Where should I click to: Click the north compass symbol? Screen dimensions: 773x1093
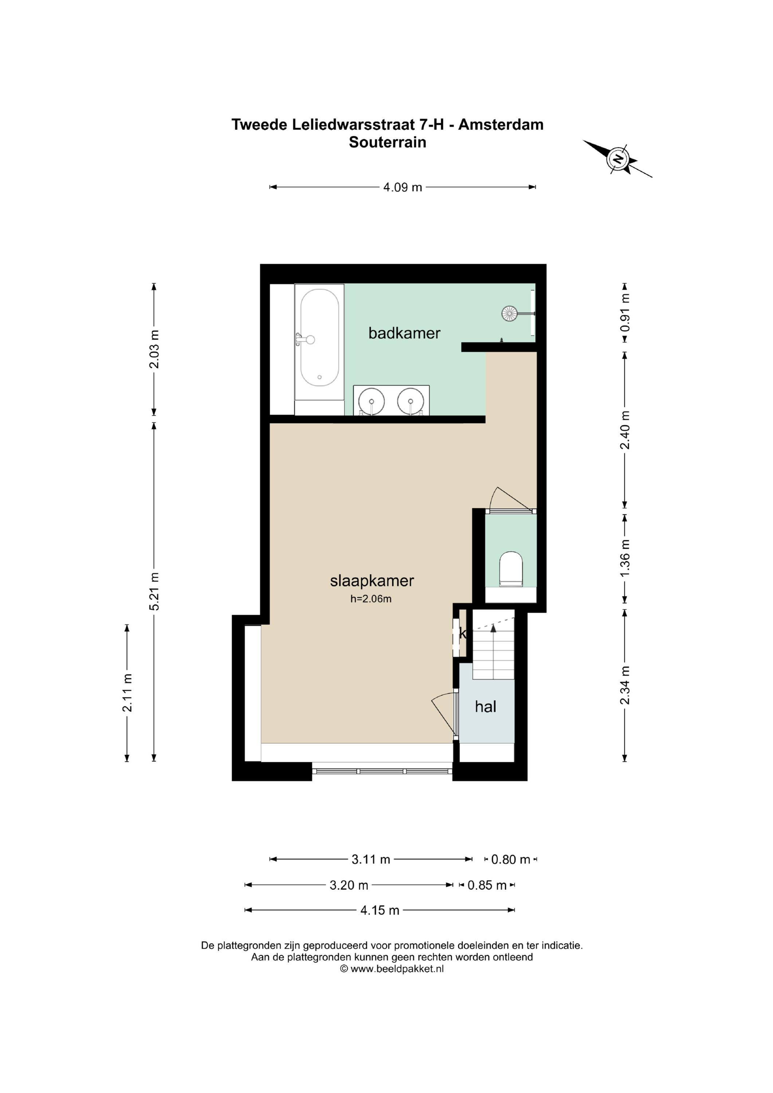tap(618, 158)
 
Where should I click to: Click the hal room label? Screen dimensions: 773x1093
tap(486, 706)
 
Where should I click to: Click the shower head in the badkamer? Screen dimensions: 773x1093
tap(509, 313)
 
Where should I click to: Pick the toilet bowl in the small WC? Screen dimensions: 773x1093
tap(511, 568)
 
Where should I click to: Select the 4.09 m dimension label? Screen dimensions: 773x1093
tap(403, 187)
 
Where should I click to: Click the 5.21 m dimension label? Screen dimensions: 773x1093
tap(154, 591)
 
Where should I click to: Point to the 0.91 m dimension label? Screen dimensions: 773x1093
tap(625, 313)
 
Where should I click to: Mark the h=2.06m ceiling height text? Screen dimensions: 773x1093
tap(371, 599)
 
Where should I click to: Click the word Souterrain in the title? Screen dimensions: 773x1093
tap(388, 142)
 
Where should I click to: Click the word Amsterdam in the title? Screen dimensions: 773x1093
tap(501, 125)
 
